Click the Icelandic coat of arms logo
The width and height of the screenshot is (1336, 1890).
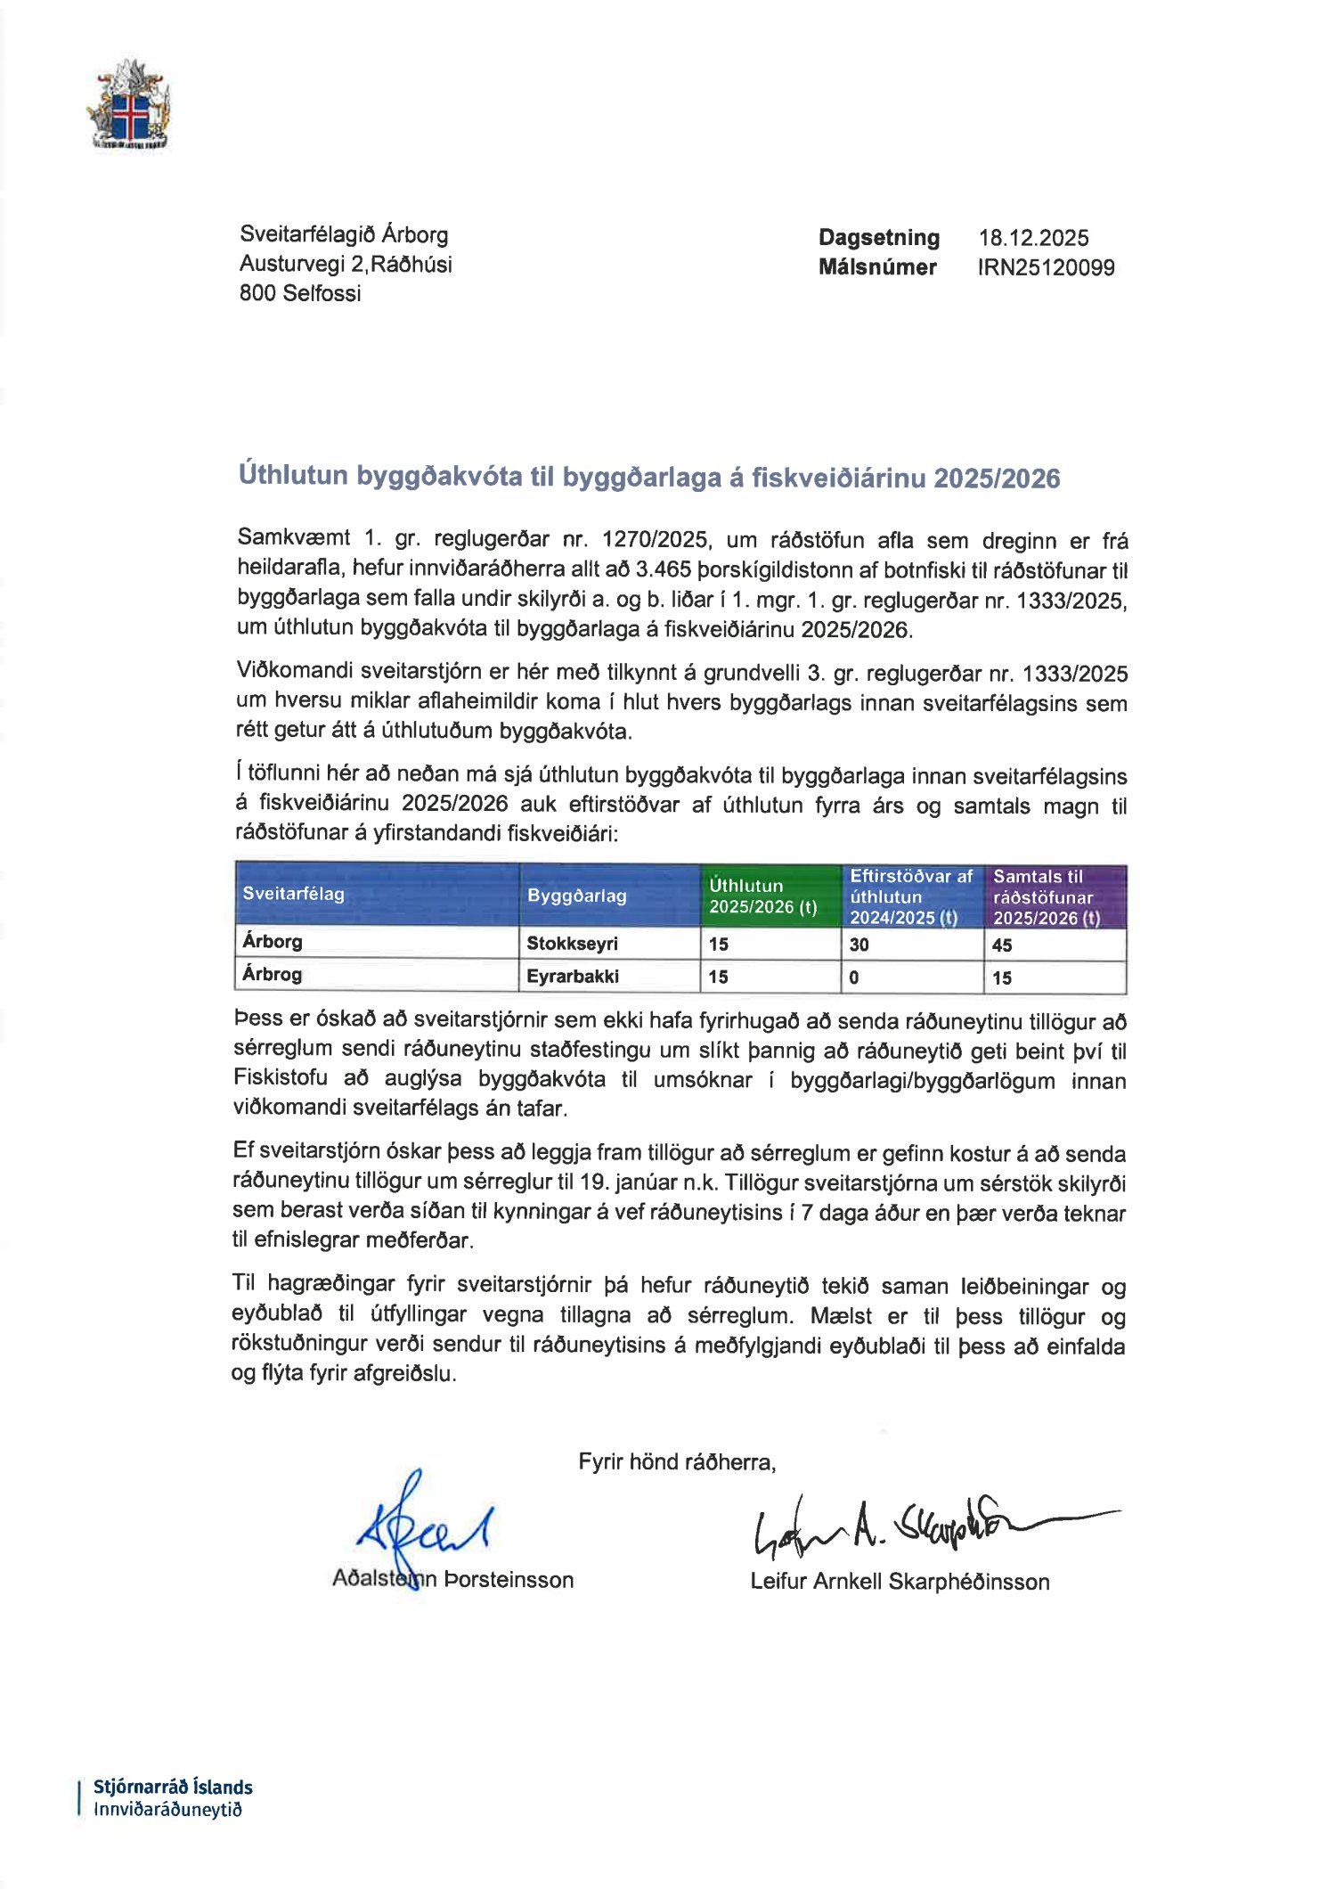[x=128, y=106]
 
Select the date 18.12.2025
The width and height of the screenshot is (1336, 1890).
[x=1033, y=238]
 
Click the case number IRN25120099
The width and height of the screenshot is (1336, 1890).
[x=1046, y=267]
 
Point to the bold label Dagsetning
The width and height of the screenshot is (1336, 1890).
[x=879, y=238]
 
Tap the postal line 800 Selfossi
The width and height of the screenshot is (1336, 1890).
[x=300, y=293]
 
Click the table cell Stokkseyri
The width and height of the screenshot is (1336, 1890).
[x=572, y=944]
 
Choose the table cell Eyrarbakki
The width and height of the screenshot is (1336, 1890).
[x=572, y=977]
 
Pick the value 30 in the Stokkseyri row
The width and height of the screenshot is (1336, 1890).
[x=859, y=945]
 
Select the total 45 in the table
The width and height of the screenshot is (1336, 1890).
[x=1002, y=945]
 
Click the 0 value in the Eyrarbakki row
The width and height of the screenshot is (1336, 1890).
[x=854, y=978]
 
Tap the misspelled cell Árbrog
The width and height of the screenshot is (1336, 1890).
[x=272, y=975]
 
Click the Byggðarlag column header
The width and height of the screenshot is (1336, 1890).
[x=576, y=896]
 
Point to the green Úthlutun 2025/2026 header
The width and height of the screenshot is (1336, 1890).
[x=763, y=896]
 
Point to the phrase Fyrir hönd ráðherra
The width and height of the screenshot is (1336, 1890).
[x=677, y=1461]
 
